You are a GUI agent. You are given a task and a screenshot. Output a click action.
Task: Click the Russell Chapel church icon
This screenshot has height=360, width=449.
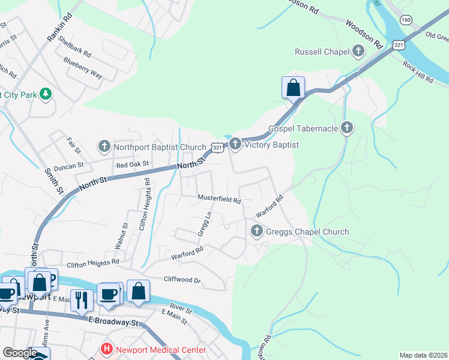point(358,52)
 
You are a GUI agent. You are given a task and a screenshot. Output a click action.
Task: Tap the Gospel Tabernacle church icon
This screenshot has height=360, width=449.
point(346,127)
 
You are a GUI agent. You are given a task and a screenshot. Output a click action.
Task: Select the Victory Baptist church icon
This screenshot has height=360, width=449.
point(235,145)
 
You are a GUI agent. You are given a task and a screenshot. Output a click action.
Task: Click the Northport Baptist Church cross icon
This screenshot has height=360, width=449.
point(104,146)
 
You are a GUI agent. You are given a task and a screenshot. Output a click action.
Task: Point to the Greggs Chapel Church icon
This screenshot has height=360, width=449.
point(257,231)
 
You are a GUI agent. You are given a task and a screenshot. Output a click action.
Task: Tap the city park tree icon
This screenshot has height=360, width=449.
point(46,94)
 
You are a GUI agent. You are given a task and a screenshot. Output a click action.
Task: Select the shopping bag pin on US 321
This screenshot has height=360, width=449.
point(293,88)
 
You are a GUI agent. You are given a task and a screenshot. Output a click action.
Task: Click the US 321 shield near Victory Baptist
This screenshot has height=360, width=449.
point(217,146)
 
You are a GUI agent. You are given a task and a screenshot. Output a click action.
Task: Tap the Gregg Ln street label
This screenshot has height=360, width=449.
point(204,223)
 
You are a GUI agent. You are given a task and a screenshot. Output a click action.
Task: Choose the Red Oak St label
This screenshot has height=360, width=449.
point(132,164)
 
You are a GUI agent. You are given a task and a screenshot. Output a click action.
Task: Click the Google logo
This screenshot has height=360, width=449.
point(20,353)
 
